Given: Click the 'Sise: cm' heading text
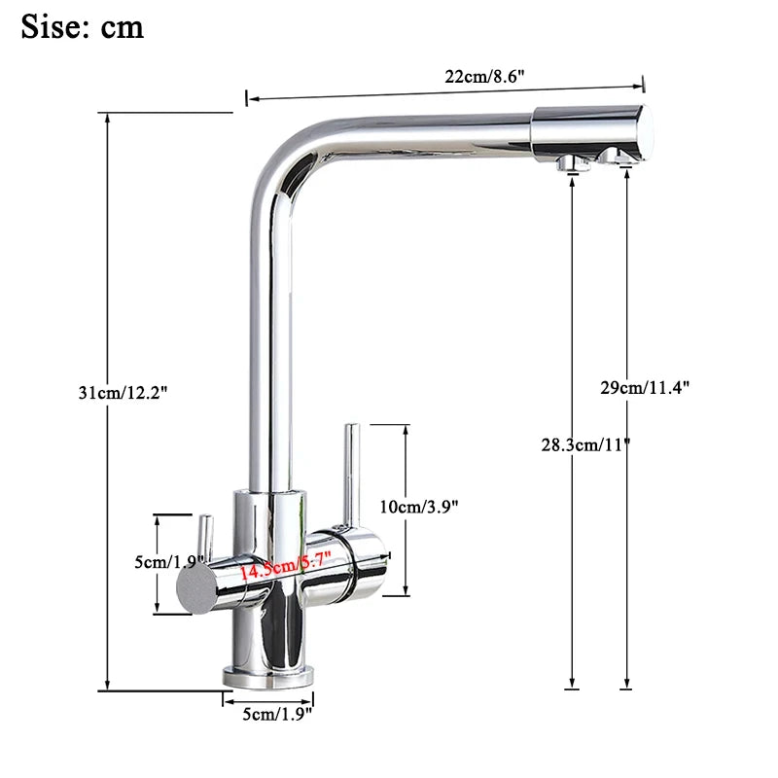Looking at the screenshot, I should (82, 26).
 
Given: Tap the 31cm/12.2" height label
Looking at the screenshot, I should (124, 393).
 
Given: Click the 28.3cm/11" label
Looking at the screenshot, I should (585, 445).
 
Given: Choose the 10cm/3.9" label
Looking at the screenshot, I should (418, 506).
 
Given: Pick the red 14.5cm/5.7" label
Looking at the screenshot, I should (286, 565).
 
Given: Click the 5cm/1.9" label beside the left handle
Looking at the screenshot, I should (168, 562).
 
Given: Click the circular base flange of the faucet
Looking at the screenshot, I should (268, 676).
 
